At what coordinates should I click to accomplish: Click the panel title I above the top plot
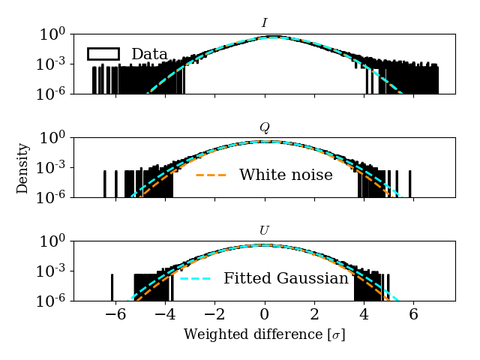click(x=264, y=23)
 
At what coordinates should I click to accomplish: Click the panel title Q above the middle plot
click(x=264, y=127)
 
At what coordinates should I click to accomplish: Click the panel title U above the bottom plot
click(x=264, y=230)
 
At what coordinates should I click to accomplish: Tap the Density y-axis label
click(x=23, y=167)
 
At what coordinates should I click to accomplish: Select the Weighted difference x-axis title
click(x=264, y=334)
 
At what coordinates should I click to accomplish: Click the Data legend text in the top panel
click(x=149, y=54)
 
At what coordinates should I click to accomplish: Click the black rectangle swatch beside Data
click(x=103, y=54)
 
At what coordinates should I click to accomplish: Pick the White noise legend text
click(x=286, y=175)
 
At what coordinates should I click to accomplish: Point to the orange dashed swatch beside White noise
click(x=211, y=175)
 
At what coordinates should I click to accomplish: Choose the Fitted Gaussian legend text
click(x=286, y=278)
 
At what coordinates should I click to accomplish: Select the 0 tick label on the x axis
click(x=264, y=315)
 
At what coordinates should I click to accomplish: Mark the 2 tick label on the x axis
click(x=314, y=315)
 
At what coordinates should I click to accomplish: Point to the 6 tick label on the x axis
click(x=413, y=315)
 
